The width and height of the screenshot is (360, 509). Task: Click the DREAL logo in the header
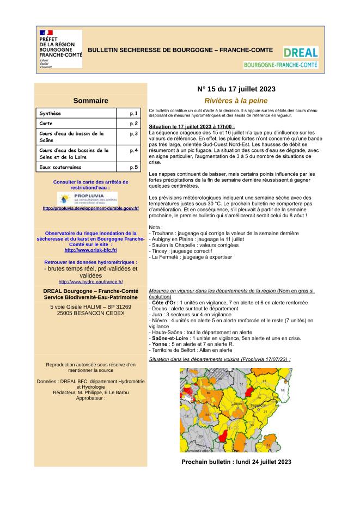pos(301,53)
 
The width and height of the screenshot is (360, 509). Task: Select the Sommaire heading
pos(90,101)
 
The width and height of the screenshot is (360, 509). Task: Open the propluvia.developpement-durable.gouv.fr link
pos(90,208)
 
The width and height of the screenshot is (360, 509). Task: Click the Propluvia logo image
pos(87,198)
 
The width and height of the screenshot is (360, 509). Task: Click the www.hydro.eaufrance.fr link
pos(90,281)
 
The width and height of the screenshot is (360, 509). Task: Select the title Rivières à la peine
pos(236,101)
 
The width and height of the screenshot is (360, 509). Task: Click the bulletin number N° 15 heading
pos(236,89)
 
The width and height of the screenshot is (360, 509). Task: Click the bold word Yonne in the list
pos(161,344)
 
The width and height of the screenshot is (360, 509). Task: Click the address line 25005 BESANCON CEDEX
pos(90,314)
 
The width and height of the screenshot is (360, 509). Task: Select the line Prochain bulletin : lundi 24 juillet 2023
pos(236,462)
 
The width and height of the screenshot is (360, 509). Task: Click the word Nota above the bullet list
pos(155,227)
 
